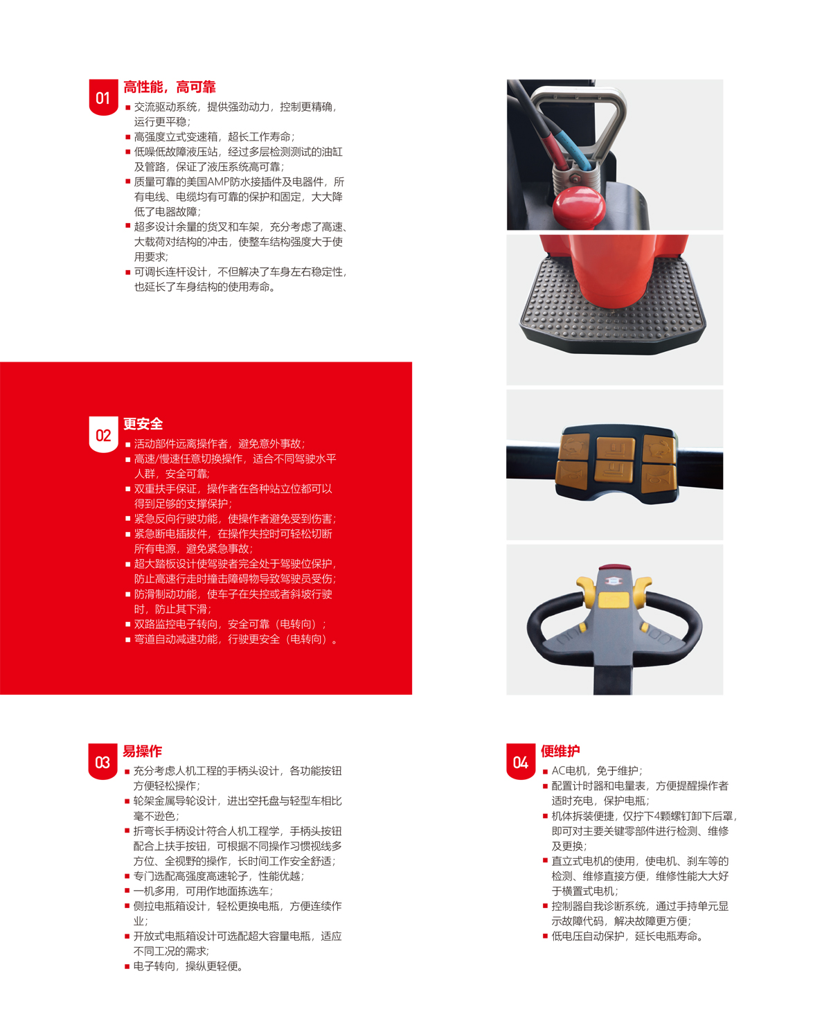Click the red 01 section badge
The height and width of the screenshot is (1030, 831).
pyautogui.click(x=103, y=97)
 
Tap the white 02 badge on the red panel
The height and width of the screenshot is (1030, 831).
pyautogui.click(x=103, y=434)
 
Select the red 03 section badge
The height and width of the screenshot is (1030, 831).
pyautogui.click(x=102, y=761)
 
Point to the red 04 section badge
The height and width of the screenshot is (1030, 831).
pyautogui.click(x=521, y=761)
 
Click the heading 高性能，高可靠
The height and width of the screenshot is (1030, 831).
pyautogui.click(x=170, y=87)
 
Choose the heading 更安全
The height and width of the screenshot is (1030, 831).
pyautogui.click(x=143, y=424)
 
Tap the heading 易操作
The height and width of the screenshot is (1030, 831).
pyautogui.click(x=142, y=751)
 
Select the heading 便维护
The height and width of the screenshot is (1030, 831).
pyautogui.click(x=560, y=751)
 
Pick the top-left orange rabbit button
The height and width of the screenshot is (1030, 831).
pyautogui.click(x=574, y=447)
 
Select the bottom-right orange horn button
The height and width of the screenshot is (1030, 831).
pyautogui.click(x=659, y=478)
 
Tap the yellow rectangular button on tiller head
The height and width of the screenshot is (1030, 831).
pyautogui.click(x=614, y=600)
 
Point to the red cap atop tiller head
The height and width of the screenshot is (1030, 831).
pyautogui.click(x=615, y=568)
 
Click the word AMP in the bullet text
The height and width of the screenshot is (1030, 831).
pyautogui.click(x=218, y=182)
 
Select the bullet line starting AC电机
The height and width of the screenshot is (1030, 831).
pyautogui.click(x=596, y=770)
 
